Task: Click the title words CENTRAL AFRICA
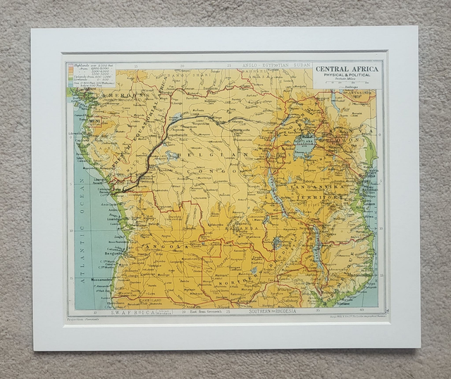(347, 69)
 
